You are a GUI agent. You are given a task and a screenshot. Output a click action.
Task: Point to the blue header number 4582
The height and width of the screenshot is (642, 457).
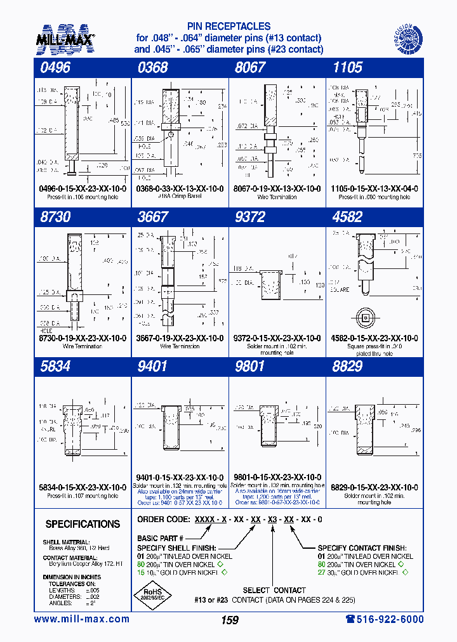click(x=347, y=217)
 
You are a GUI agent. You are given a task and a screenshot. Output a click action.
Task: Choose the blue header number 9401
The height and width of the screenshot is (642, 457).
click(x=152, y=366)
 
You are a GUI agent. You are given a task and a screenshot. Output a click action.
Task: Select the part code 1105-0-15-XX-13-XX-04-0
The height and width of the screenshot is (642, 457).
click(x=374, y=188)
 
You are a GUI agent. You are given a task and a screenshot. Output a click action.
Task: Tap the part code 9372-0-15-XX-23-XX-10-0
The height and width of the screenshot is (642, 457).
click(x=277, y=338)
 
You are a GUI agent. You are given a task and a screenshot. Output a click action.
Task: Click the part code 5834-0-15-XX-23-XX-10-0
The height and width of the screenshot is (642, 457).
click(x=82, y=487)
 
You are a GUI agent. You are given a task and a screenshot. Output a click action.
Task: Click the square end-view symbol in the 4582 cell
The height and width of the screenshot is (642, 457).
click(x=366, y=318)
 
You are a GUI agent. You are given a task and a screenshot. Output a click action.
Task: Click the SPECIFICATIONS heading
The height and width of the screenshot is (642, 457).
click(x=83, y=524)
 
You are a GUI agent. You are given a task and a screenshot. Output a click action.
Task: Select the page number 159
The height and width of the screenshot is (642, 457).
click(x=230, y=620)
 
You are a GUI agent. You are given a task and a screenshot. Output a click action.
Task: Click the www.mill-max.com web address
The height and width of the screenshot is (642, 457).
click(x=81, y=619)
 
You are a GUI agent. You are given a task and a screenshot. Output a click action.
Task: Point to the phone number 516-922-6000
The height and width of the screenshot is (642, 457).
click(x=384, y=619)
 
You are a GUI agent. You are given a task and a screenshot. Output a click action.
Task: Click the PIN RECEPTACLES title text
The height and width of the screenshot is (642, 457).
click(x=229, y=27)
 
